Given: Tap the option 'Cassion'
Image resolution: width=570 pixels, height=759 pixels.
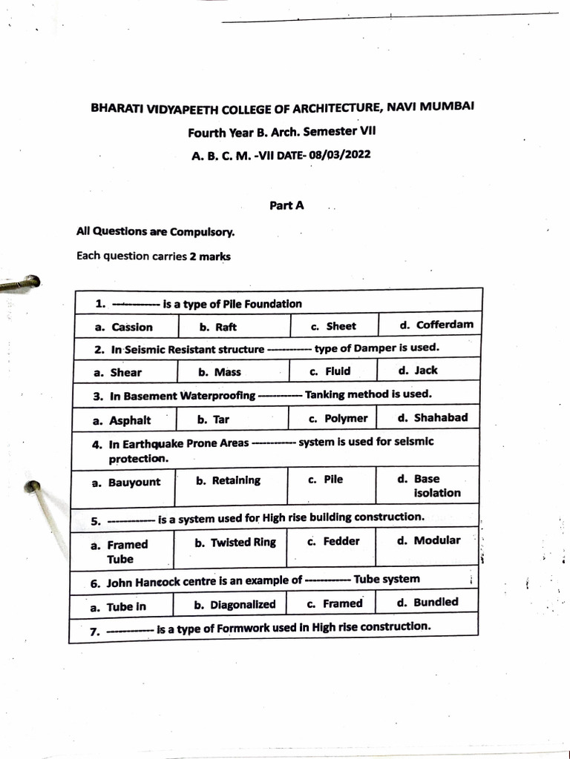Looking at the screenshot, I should coord(132,327).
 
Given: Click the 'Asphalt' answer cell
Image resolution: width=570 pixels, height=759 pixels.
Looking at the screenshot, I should coord(130,420).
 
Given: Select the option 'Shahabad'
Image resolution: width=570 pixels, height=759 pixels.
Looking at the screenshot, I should coord(440,417).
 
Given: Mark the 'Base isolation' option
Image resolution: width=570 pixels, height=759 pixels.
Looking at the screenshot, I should coord(436,485).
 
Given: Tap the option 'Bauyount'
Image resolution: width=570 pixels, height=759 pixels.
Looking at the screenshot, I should coord(134,482).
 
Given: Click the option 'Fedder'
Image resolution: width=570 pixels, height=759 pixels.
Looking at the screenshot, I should coord(341,541).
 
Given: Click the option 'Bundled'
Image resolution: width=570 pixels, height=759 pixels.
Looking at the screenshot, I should coord(436,602).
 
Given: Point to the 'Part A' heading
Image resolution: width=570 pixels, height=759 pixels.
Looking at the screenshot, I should coord(286,206).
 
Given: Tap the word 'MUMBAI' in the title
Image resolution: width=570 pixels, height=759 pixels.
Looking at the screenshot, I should coord(448,107).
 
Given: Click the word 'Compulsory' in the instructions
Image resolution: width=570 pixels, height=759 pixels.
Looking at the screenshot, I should coord(202,232).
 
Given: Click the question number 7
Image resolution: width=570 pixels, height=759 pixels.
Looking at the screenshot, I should coord(94,632).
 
